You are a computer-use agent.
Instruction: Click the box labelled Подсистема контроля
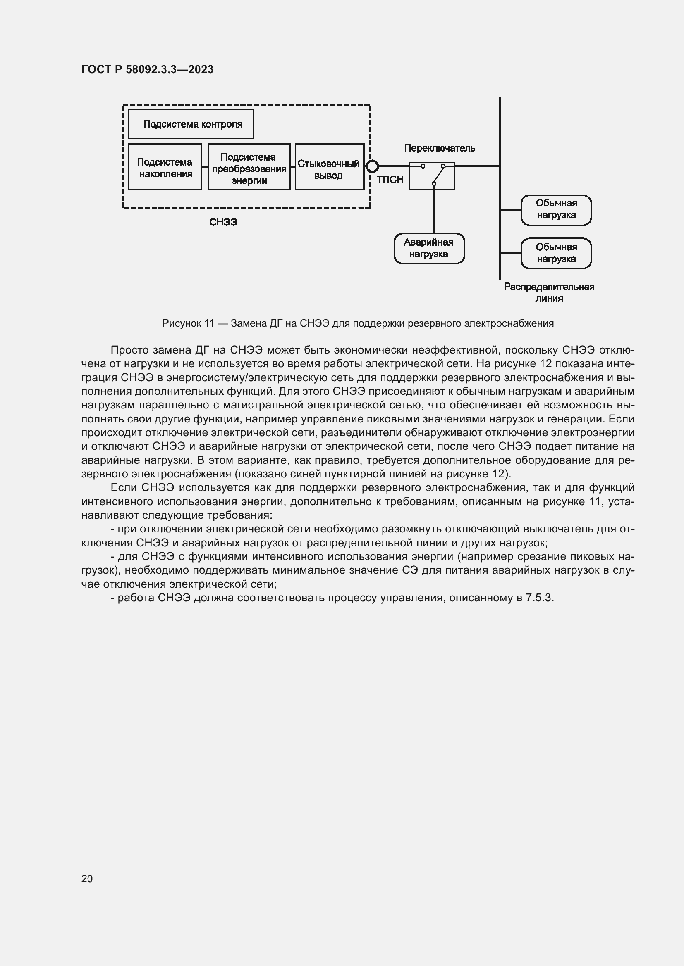191,124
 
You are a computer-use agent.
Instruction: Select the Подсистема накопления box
165,167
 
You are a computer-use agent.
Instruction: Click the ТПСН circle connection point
372,166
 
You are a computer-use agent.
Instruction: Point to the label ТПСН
390,180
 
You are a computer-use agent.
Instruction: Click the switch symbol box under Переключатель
432,176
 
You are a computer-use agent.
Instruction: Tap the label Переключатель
439,148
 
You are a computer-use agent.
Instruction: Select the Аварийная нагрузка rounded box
429,248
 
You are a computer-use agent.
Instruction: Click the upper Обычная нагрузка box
556,209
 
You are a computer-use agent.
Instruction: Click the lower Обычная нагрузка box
556,253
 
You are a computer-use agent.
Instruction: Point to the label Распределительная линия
549,292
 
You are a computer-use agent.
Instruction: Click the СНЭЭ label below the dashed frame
223,222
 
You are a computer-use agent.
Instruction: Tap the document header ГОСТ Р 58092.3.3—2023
147,69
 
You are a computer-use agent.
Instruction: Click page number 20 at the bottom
87,878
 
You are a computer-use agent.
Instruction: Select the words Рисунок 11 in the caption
188,323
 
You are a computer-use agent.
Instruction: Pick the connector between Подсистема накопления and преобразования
205,167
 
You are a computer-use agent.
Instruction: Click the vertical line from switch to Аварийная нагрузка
434,210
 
